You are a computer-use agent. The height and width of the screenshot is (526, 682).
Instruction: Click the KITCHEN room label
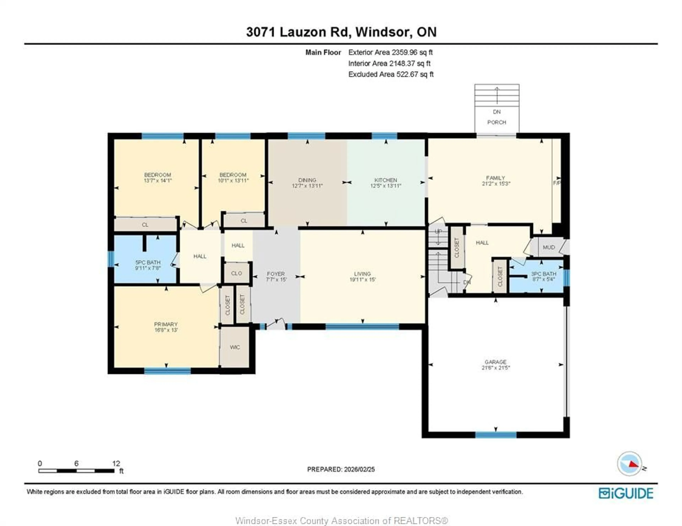click(x=386, y=180)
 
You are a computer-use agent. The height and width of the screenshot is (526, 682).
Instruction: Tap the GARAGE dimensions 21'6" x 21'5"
click(x=496, y=368)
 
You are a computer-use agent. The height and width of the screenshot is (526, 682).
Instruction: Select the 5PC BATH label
click(x=148, y=262)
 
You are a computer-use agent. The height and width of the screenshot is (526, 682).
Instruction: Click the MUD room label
click(x=549, y=247)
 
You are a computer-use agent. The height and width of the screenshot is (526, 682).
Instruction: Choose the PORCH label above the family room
click(x=497, y=122)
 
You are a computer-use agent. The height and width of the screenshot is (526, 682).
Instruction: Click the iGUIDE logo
click(x=626, y=493)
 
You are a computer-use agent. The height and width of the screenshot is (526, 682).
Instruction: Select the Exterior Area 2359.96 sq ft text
click(x=390, y=52)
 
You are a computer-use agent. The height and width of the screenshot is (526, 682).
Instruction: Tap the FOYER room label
click(x=276, y=274)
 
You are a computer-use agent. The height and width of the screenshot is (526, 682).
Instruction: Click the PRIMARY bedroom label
click(x=166, y=324)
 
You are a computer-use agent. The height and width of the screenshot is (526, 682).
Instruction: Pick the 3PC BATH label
click(x=544, y=274)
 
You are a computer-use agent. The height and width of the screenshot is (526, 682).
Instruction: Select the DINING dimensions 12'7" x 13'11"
click(x=307, y=186)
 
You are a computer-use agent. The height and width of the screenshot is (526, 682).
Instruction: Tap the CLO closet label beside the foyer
click(x=236, y=273)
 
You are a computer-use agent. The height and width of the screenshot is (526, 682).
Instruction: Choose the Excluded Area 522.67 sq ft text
click(x=391, y=74)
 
